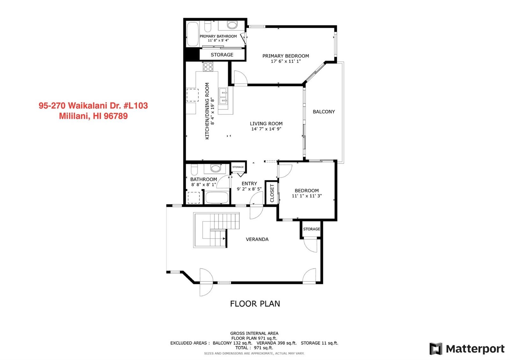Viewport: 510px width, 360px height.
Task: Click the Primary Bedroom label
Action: pos(286,56)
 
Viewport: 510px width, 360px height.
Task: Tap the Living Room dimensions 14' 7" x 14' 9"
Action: pos(266,129)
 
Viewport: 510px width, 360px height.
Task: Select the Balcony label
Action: pos(324,112)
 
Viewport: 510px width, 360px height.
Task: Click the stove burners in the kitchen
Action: pos(208,67)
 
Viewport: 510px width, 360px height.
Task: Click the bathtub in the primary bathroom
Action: pos(192,34)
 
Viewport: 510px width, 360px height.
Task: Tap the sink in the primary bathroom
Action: pos(232,25)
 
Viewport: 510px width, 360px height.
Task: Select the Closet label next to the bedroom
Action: pos(272,193)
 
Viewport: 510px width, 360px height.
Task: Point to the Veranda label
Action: pos(257,239)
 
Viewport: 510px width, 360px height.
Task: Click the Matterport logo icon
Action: pos(436,349)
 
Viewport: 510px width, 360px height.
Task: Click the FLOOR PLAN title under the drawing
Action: pos(255,304)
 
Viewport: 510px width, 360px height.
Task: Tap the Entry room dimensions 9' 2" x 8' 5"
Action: pos(249,189)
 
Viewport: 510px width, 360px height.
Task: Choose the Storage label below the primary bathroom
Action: pos(222,55)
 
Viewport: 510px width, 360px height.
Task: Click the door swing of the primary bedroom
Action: pos(240,77)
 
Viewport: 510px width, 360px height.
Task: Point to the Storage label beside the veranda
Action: pos(311,229)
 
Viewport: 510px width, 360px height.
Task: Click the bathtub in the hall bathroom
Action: pos(217,198)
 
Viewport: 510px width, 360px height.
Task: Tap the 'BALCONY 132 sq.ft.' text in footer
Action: pos(232,343)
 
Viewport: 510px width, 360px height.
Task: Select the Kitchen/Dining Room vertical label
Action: pos(207,111)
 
